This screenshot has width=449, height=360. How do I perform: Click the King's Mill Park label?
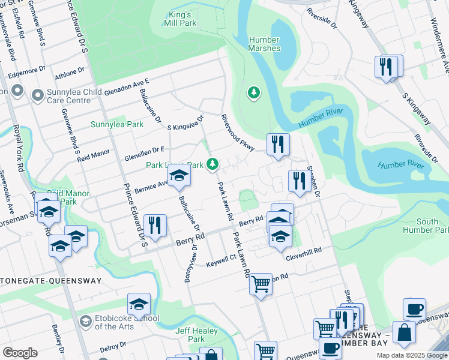tap(179, 19)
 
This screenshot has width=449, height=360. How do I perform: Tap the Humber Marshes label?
tap(264, 44)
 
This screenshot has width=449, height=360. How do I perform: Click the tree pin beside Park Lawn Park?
tap(212, 163)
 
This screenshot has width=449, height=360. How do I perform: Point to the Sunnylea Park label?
tap(117, 124)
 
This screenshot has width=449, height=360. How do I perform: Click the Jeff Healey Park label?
tap(192, 335)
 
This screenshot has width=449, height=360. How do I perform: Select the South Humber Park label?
tap(427, 226)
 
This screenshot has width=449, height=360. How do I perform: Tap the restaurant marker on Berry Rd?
tap(155, 226)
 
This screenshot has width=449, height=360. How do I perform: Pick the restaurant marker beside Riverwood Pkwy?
tap(277, 144)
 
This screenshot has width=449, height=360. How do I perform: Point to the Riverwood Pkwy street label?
tap(238, 132)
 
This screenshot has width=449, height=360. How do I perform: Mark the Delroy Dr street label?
tap(112, 347)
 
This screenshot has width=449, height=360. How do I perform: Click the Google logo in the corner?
tap(20, 353)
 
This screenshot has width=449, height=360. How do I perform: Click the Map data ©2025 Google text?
tap(411, 355)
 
